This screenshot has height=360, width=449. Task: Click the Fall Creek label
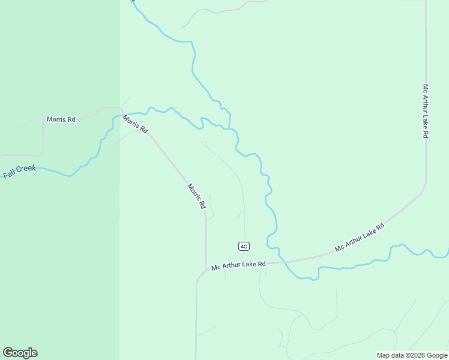[20, 172]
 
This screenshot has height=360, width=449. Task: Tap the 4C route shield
[243, 246]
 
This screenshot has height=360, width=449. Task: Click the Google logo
[20, 353]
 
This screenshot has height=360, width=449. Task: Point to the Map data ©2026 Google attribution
[412, 355]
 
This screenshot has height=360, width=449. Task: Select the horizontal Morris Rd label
[61, 119]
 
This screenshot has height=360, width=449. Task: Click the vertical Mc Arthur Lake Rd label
[425, 111]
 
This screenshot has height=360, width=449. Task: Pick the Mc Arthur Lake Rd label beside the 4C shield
[238, 265]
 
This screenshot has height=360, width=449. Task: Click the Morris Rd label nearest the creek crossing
[135, 124]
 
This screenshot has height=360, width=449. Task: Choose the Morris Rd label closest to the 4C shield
[196, 196]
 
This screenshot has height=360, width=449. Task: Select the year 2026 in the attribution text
[417, 355]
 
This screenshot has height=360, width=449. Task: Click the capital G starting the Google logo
[8, 352]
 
